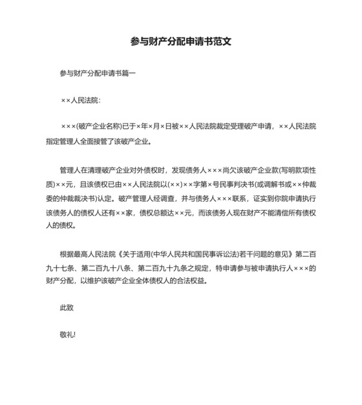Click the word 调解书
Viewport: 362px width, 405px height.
(x=261, y=184)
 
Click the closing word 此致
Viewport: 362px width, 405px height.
(x=67, y=308)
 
